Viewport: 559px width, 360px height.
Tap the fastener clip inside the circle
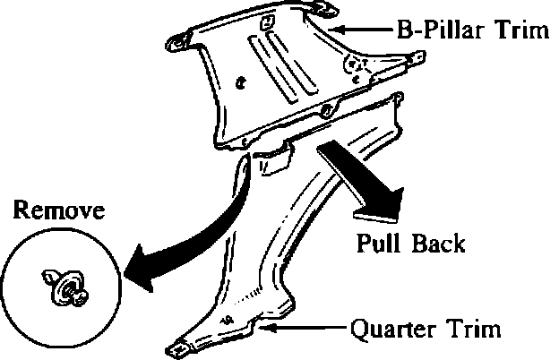point(64,288)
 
